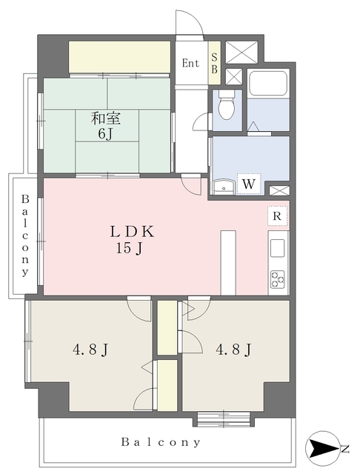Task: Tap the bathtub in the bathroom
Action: (268, 84)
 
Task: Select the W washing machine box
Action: (248, 183)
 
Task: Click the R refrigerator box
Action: (277, 216)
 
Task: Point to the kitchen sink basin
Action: (277, 248)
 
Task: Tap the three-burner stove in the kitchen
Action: (278, 279)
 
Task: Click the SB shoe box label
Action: (214, 63)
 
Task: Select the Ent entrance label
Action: (190, 63)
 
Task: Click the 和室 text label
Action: (106, 118)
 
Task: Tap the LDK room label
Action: (132, 232)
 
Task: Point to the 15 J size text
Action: (129, 249)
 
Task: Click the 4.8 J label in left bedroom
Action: (90, 350)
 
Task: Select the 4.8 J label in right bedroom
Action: (233, 350)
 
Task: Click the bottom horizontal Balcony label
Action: (161, 442)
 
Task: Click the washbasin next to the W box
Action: (224, 187)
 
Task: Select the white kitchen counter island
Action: (228, 262)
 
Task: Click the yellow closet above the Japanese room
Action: (119, 56)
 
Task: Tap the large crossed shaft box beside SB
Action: (241, 52)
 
